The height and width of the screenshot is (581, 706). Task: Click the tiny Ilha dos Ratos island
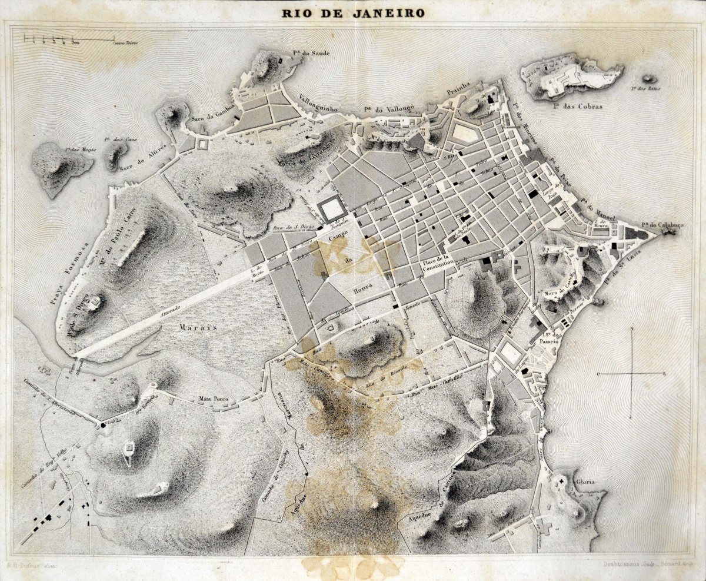pos(650,78)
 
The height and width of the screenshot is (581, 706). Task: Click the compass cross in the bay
pos(631,373)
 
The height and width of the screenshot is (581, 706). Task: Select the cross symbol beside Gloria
pos(561,482)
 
